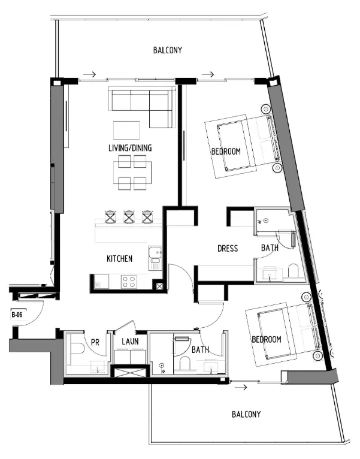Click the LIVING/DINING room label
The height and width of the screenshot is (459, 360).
coord(130,148)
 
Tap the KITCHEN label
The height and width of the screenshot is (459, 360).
coord(119,259)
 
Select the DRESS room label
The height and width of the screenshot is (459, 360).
coord(228,248)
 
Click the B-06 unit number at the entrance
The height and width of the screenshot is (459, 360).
coord(17,313)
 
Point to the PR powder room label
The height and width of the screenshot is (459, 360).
coord(94,343)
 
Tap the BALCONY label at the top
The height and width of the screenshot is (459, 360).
coord(168,51)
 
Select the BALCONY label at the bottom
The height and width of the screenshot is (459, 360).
coord(247,414)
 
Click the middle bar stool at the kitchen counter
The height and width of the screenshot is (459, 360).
coord(129,216)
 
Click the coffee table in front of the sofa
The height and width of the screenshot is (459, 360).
coord(126,130)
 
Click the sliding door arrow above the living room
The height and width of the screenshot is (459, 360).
coord(89,75)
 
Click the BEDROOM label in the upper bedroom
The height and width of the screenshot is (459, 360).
coord(226,152)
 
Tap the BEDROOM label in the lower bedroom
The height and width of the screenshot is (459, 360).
coord(266,339)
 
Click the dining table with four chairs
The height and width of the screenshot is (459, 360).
coord(133,171)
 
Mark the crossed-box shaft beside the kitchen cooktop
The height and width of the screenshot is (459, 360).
coord(159,286)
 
